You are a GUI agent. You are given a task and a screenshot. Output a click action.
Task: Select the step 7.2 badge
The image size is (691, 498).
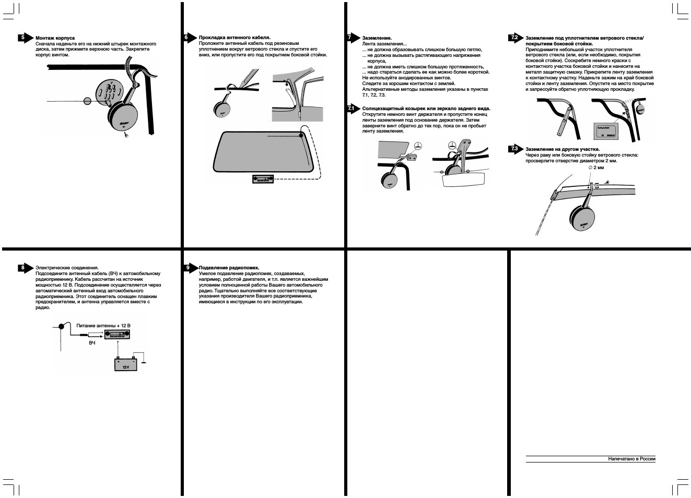point(514,38)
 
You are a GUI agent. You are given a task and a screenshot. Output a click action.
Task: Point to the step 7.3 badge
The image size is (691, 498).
point(514,149)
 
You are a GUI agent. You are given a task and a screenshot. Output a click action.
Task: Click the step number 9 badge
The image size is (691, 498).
point(188,267)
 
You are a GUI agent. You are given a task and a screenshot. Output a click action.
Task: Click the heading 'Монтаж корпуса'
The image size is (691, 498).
point(55,38)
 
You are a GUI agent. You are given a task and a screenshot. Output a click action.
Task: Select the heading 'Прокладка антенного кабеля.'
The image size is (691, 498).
point(235,38)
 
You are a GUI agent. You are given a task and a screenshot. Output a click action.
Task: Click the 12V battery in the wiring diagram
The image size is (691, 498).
point(125,364)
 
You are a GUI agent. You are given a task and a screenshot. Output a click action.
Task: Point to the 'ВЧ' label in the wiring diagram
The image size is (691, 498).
point(92,343)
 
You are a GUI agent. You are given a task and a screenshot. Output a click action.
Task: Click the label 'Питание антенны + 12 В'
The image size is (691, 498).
point(103,325)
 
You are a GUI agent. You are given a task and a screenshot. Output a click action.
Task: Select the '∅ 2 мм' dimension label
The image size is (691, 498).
point(596,168)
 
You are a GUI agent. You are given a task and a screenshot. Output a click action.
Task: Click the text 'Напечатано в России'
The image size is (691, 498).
point(631,459)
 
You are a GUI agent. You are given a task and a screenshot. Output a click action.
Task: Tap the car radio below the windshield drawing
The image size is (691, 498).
point(263,179)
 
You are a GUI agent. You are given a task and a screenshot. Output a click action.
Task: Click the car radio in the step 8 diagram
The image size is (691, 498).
point(118,335)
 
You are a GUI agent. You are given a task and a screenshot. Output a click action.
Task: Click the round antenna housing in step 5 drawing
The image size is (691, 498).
point(123,117)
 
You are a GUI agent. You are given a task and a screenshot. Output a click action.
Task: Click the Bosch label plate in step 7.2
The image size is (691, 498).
point(606,131)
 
